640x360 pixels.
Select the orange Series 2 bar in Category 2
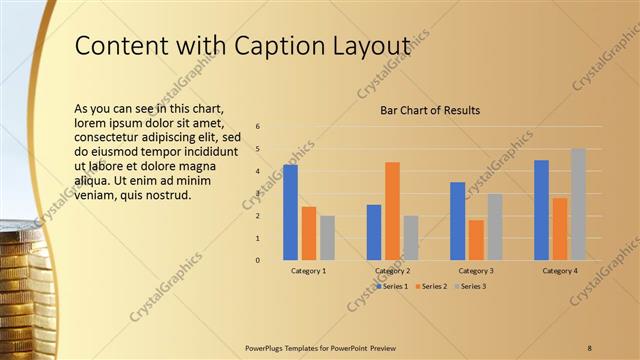tap(392, 210)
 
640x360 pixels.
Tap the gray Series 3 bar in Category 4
tap(578, 204)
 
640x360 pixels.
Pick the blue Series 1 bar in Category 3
tap(457, 221)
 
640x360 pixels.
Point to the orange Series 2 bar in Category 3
tap(476, 240)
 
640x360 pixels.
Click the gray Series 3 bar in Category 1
tap(328, 238)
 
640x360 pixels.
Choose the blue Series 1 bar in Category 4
tap(541, 210)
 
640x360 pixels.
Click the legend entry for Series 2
tap(431, 287)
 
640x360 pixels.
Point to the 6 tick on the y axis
tap(258, 127)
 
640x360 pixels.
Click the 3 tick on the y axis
tap(258, 194)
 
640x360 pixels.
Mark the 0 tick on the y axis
tap(258, 260)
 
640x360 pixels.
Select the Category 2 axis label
tap(392, 271)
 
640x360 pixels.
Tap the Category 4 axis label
tap(560, 271)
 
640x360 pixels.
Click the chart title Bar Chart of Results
tap(430, 110)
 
